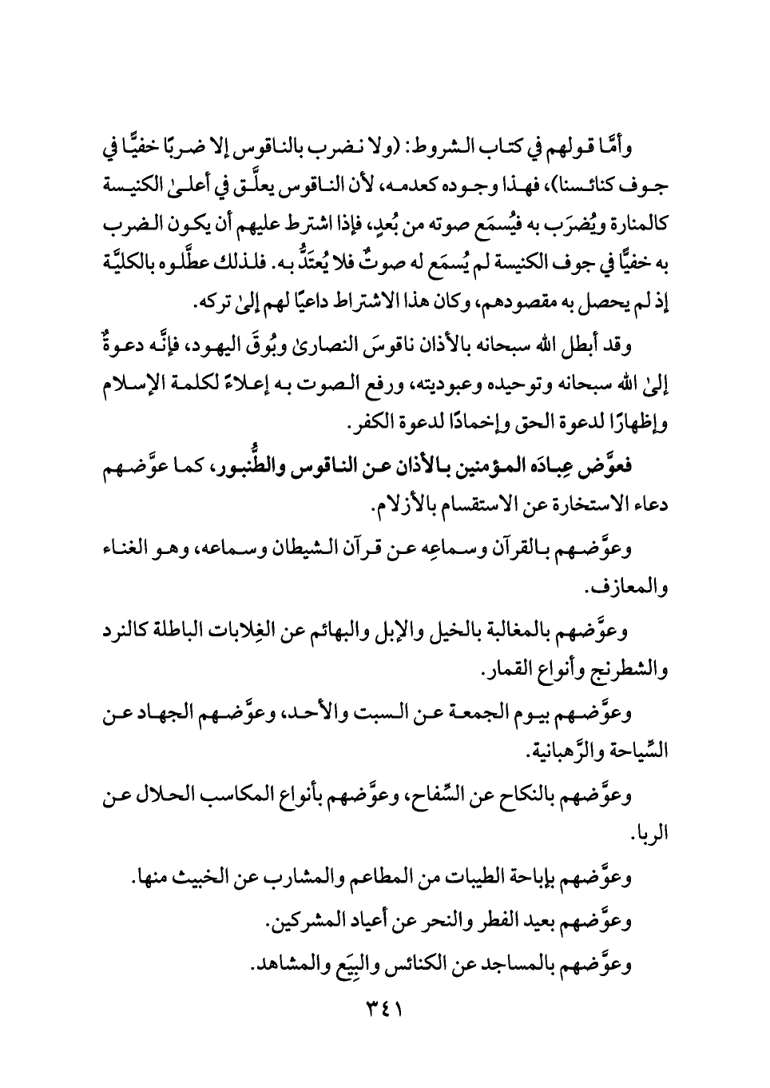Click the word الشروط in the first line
point(423,149)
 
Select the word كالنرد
point(133,631)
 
